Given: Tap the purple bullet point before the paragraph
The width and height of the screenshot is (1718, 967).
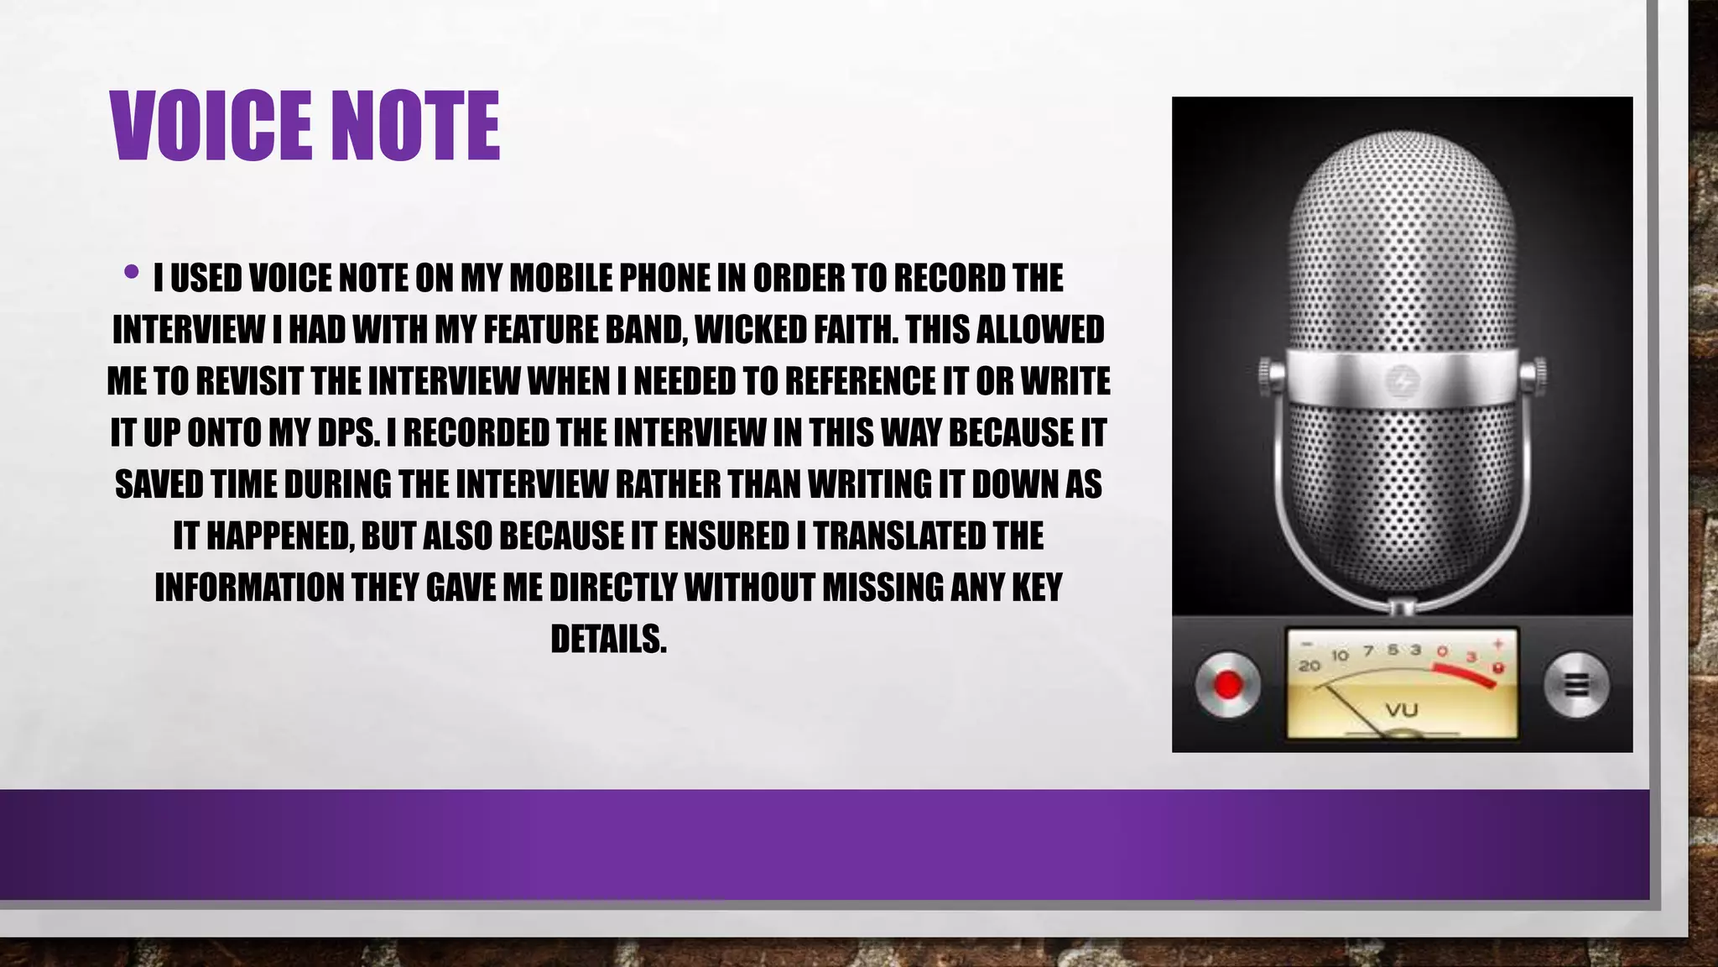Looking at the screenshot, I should point(131,271).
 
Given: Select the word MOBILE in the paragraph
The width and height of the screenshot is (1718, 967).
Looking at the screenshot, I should point(558,279).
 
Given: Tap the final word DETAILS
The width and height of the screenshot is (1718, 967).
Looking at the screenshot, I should point(608,640).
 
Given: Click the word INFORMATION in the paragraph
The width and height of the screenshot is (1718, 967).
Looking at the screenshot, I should point(247,588).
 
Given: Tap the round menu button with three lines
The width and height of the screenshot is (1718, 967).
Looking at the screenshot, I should point(1576,685).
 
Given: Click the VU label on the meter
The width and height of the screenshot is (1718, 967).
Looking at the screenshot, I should point(1401,710).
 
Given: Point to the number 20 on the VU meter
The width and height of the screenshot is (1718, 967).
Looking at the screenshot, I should point(1309,666).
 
